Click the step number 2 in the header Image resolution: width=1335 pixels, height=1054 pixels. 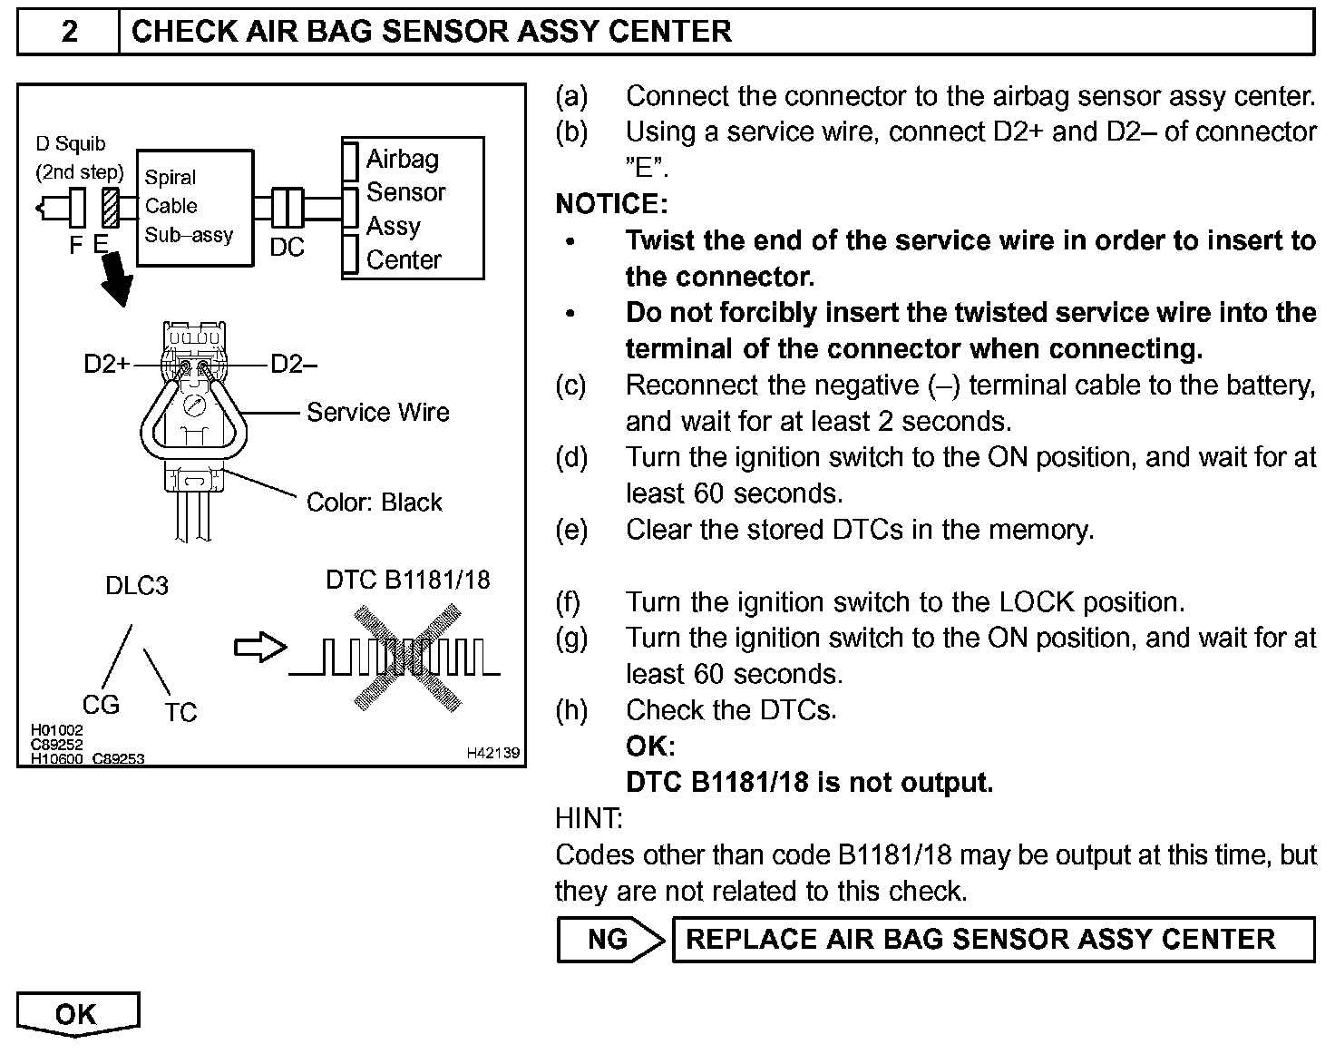coord(69,32)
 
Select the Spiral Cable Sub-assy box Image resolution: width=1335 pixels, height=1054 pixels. coord(193,207)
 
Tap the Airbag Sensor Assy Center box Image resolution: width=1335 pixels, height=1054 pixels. coord(413,209)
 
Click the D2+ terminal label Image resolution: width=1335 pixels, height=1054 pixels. coord(106,365)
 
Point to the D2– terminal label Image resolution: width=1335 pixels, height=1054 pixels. coord(294,365)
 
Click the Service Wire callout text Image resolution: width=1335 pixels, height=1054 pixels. coord(377,413)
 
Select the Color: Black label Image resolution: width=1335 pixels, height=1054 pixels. coord(374,503)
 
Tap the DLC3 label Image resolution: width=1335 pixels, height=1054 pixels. coord(137,586)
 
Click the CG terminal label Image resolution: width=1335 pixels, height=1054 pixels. coord(101,705)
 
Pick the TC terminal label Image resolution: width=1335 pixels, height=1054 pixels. coord(180,713)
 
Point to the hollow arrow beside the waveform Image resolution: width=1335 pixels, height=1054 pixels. coord(260,648)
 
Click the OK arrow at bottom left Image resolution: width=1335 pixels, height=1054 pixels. coord(77,1014)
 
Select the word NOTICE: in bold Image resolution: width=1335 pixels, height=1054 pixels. coord(610,204)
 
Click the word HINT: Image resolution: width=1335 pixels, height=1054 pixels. coord(589,819)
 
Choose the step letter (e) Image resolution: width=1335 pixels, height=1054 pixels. coord(571,530)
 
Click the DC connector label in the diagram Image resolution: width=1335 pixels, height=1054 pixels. coord(287,248)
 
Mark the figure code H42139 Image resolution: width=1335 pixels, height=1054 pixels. coord(493,753)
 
